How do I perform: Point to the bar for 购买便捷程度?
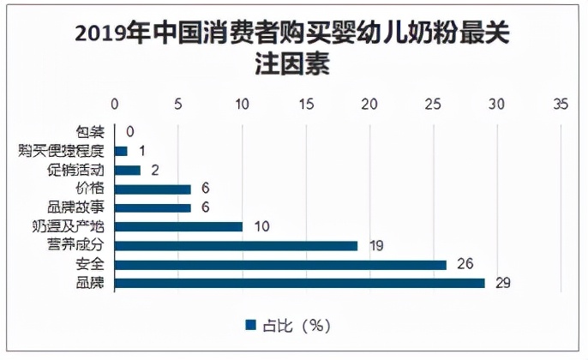[x=121, y=151]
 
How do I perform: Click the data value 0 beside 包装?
[x=130, y=132]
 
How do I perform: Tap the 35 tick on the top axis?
[x=561, y=105]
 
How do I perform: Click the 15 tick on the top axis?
[x=306, y=105]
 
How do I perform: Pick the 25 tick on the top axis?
[x=434, y=105]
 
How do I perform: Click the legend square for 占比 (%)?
[x=251, y=325]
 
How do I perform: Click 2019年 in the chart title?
[x=104, y=34]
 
